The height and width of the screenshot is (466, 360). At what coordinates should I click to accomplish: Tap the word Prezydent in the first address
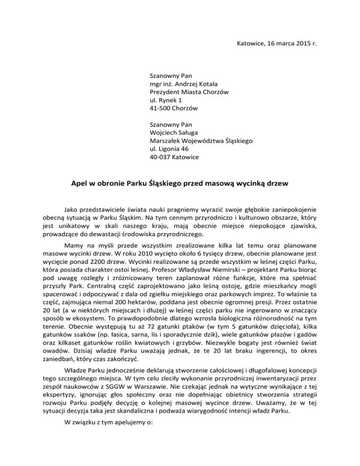pyautogui.click(x=165, y=92)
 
